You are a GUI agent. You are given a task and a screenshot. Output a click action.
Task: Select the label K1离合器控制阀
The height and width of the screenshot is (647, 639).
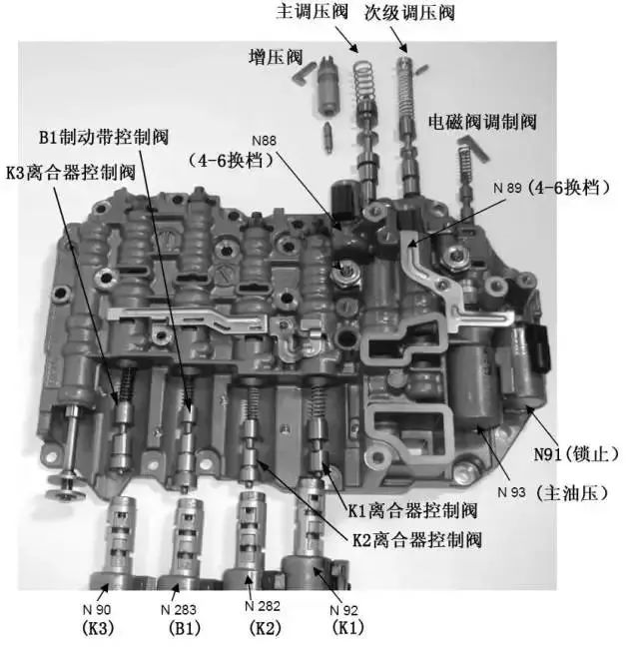point(411,510)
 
